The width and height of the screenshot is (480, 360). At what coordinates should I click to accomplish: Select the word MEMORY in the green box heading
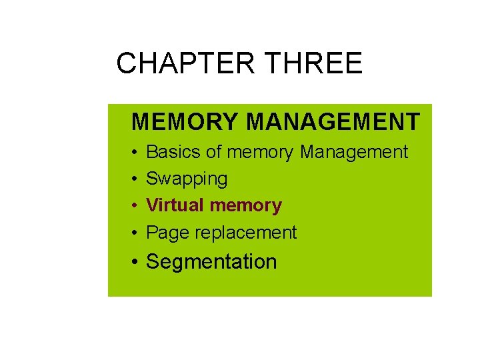click(185, 122)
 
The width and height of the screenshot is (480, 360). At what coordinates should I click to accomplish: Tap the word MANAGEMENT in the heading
click(333, 122)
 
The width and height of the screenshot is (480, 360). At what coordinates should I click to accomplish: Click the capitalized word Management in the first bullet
click(354, 152)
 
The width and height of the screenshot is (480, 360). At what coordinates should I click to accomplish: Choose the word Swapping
click(187, 179)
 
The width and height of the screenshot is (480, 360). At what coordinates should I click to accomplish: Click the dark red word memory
click(245, 205)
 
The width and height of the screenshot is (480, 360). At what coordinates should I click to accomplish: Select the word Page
click(165, 233)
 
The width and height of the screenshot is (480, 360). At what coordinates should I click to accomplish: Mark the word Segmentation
click(211, 262)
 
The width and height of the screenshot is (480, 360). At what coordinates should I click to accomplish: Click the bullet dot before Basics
click(135, 153)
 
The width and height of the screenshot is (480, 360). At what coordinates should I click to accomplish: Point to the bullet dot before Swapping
click(135, 179)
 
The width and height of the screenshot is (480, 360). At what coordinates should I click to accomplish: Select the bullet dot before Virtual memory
click(135, 206)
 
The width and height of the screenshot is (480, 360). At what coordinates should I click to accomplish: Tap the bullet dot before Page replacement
click(135, 233)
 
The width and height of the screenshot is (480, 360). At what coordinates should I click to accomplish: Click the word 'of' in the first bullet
click(214, 152)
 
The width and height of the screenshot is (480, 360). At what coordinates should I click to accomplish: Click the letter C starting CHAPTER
click(126, 64)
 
